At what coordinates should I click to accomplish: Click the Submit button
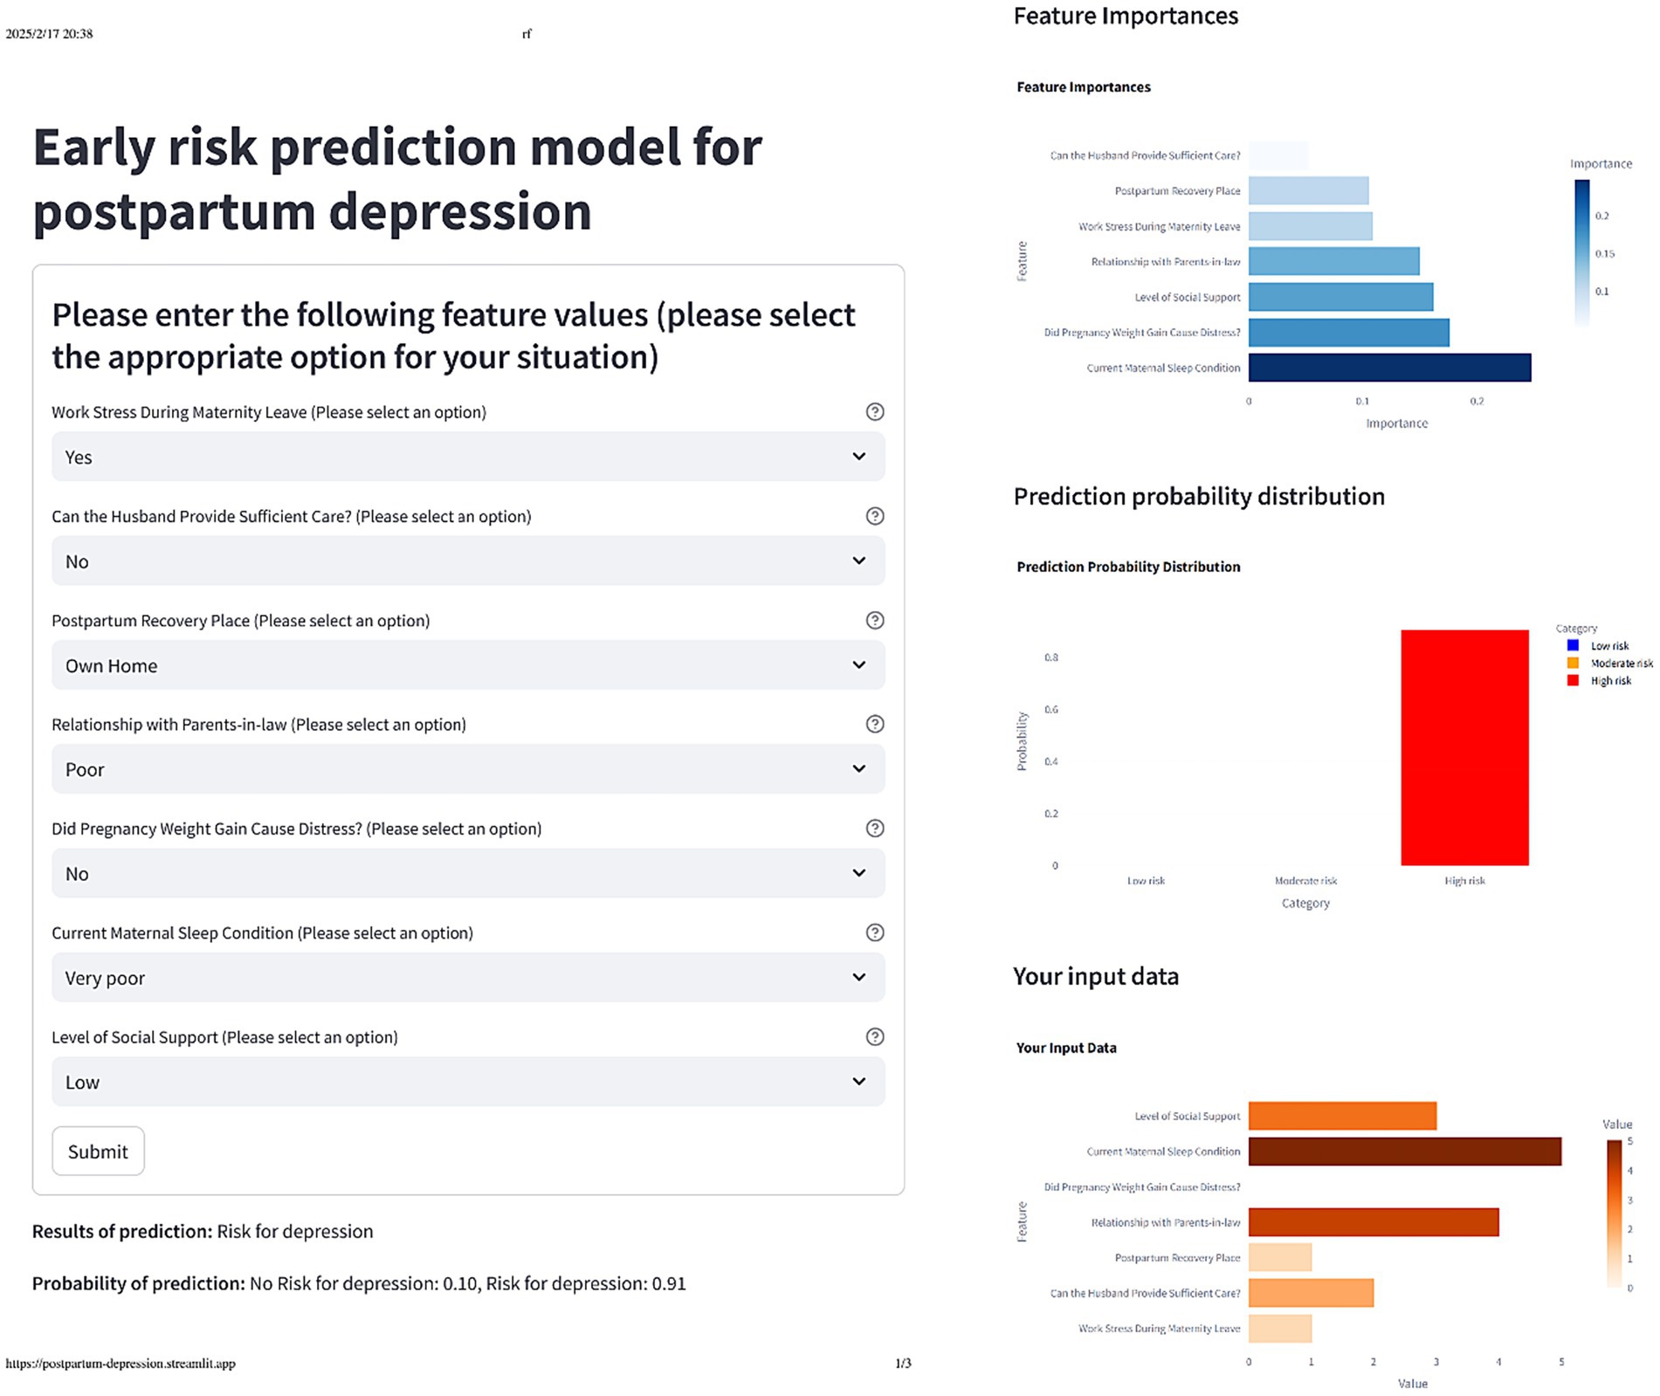pos(98,1151)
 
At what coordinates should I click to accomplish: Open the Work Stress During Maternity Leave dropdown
pos(467,457)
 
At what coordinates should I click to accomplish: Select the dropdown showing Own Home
pos(467,665)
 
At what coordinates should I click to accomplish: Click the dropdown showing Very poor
pos(467,977)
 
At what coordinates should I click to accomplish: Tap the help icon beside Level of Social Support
pos(874,1036)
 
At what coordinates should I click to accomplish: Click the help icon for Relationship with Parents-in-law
pos(874,724)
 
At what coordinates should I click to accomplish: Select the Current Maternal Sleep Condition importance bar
pos(1388,368)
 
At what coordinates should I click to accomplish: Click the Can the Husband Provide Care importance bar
pos(1278,155)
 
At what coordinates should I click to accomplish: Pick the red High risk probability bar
pos(1464,747)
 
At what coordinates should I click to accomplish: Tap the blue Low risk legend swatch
pos(1573,646)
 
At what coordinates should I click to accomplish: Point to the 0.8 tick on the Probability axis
pos(1051,657)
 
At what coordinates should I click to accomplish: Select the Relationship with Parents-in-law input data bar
pos(1373,1222)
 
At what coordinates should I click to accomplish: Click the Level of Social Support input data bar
pos(1341,1116)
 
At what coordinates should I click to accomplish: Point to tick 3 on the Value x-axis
pos(1436,1362)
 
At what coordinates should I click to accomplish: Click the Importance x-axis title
pos(1396,423)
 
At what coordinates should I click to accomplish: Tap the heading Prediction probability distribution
pos(1198,497)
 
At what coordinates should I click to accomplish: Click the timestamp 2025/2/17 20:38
pos(49,34)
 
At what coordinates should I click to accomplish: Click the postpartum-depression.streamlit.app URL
pos(121,1364)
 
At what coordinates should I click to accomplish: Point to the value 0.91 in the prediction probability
pos(669,1283)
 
